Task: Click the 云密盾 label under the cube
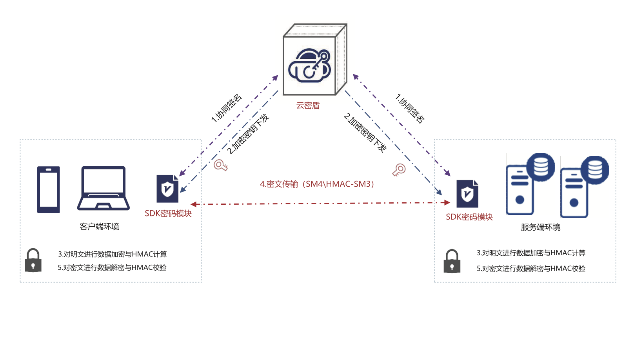click(308, 105)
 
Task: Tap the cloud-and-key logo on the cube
click(310, 65)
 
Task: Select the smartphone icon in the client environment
click(48, 189)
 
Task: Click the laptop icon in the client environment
click(104, 188)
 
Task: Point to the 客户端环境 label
click(99, 227)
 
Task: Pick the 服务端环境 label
click(540, 227)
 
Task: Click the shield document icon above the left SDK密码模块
click(167, 189)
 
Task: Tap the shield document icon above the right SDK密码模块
click(467, 194)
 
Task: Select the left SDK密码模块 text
click(168, 214)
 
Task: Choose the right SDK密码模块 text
click(469, 217)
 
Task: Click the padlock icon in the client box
click(33, 260)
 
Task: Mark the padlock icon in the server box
click(452, 261)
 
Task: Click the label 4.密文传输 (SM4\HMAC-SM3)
click(317, 184)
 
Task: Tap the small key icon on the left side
click(220, 165)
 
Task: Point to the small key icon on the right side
click(399, 170)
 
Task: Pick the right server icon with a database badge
click(584, 187)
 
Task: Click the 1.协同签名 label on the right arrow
click(410, 109)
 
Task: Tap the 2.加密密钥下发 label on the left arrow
click(248, 134)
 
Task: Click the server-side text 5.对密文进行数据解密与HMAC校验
click(531, 269)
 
